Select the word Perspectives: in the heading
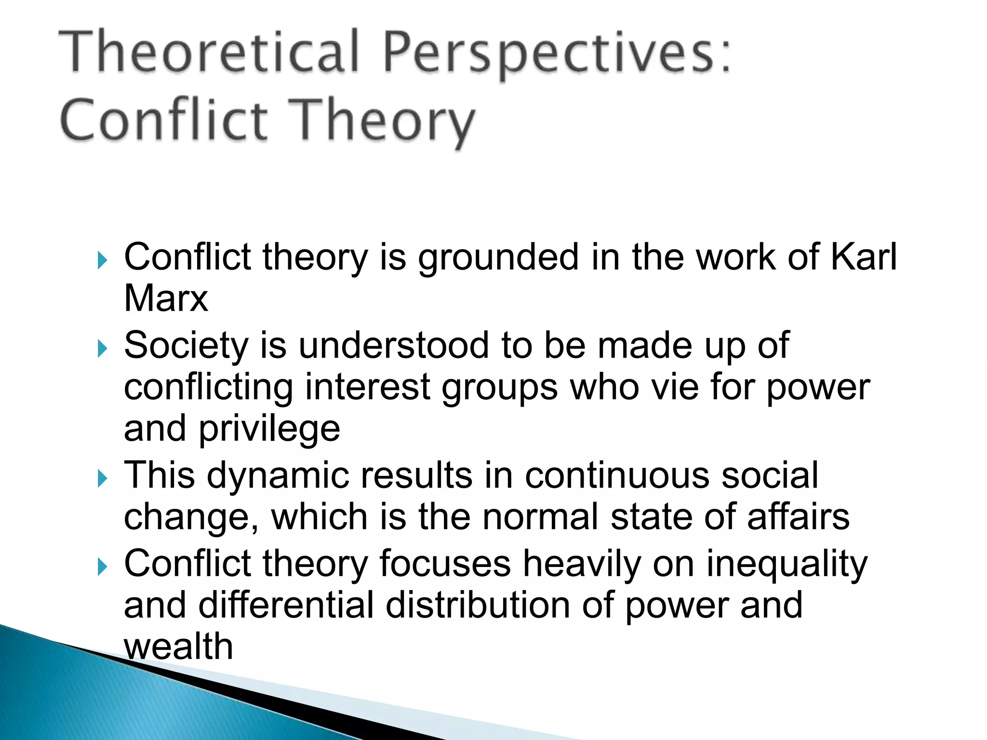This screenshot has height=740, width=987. [557, 53]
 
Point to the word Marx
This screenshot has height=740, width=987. [166, 298]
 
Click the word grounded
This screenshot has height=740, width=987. [498, 258]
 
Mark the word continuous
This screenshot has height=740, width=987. [617, 475]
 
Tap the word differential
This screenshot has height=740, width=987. [286, 605]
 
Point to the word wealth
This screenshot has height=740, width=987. [178, 647]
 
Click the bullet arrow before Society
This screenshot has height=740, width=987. [102, 348]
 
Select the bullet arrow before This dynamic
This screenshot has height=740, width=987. [102, 478]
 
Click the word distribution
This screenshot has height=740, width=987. [478, 605]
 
